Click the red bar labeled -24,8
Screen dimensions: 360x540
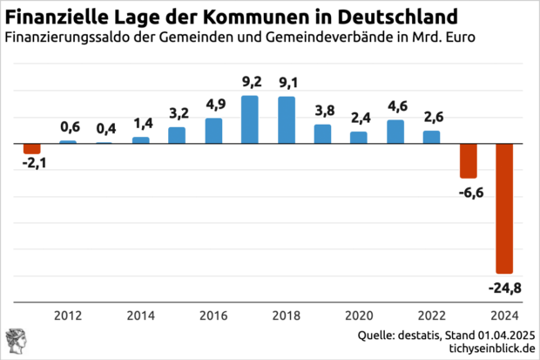[x=504, y=207]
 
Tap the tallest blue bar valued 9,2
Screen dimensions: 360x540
[x=249, y=119]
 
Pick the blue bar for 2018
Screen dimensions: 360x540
[x=286, y=119]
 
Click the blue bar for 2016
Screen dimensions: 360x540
[x=213, y=130]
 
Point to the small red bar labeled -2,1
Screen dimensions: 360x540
[x=32, y=148]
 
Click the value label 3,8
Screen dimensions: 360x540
[x=322, y=111]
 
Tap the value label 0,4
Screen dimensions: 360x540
[x=105, y=129]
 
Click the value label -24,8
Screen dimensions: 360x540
[x=504, y=287]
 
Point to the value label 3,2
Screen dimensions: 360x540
[x=177, y=113]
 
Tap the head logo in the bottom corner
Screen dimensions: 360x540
[x=15, y=341]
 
